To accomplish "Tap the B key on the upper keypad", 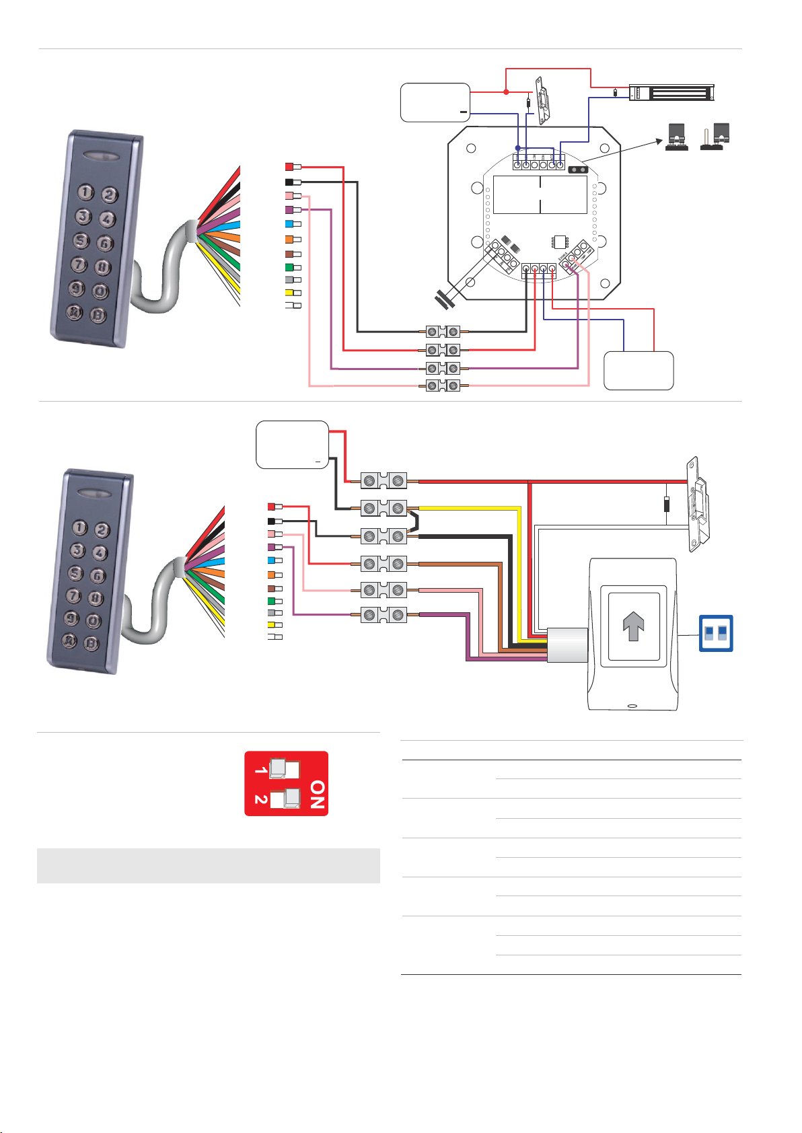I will pyautogui.click(x=99, y=315).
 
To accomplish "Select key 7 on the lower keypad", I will pyautogui.click(x=73, y=595).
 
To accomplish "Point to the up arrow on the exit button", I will pyautogui.click(x=633, y=627).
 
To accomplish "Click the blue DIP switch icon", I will pyautogui.click(x=716, y=633).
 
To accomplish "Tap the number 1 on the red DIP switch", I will pyautogui.click(x=260, y=768).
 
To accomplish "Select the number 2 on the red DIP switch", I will pyautogui.click(x=260, y=799).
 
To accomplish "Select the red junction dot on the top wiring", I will pyautogui.click(x=506, y=92).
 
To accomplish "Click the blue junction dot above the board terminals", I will pyautogui.click(x=517, y=148).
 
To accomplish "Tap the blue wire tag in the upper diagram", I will pyautogui.click(x=289, y=223).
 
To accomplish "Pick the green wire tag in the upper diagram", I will pyautogui.click(x=289, y=267).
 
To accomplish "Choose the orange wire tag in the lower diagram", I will pyautogui.click(x=272, y=575).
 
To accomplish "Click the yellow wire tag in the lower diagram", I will pyautogui.click(x=272, y=624).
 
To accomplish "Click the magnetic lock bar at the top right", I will pyautogui.click(x=673, y=92).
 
